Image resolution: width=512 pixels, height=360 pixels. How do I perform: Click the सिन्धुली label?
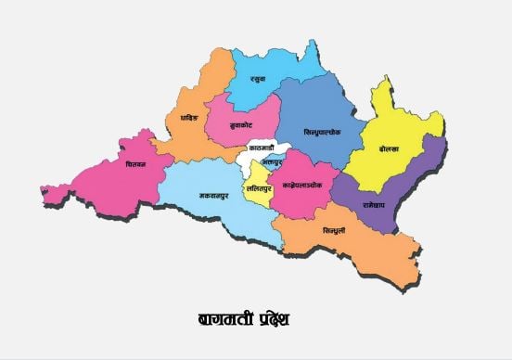tap(334, 230)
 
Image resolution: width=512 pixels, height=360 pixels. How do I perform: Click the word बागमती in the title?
tap(222, 320)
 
